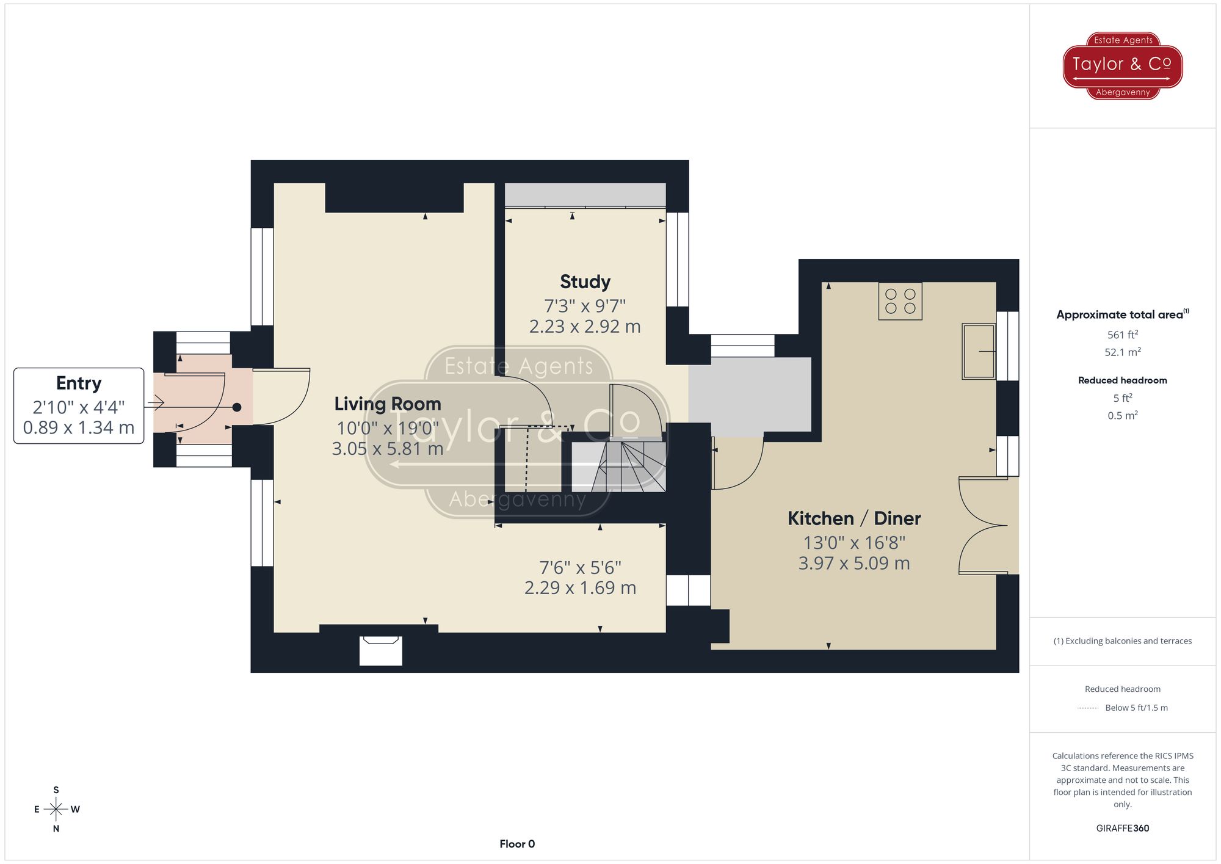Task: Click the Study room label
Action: tap(585, 281)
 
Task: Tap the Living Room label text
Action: tap(387, 404)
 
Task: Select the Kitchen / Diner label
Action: tap(853, 518)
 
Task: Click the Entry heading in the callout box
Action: tap(79, 383)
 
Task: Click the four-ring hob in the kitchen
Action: tap(900, 301)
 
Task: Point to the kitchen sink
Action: tap(978, 351)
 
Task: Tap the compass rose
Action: tap(56, 810)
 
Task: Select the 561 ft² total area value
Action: tap(1122, 335)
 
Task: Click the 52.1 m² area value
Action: tap(1122, 352)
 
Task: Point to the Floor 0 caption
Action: tap(516, 844)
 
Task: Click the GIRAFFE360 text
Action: tap(1122, 829)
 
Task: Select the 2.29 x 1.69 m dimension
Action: tap(580, 588)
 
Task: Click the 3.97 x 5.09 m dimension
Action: tap(853, 563)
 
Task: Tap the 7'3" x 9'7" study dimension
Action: tap(585, 305)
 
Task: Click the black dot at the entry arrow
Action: tap(237, 407)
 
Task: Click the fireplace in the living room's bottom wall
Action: tap(380, 650)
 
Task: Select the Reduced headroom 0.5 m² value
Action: tap(1122, 416)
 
